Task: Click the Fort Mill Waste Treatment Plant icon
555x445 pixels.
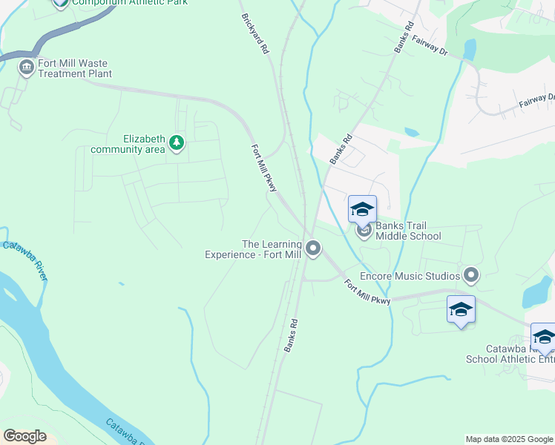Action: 27,67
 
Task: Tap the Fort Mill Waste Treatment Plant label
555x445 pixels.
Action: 75,68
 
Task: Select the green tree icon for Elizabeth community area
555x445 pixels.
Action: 176,142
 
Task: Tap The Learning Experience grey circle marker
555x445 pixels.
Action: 314,248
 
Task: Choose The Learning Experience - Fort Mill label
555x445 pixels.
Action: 252,249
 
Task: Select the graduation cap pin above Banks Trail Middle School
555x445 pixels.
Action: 362,208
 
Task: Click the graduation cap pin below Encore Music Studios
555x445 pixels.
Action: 461,309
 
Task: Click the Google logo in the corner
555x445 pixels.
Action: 24,436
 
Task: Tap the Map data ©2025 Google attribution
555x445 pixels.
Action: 509,439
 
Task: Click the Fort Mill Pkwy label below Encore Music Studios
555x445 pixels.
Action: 367,291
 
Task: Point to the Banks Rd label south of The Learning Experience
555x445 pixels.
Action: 291,334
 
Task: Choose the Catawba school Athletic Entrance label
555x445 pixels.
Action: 510,354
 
